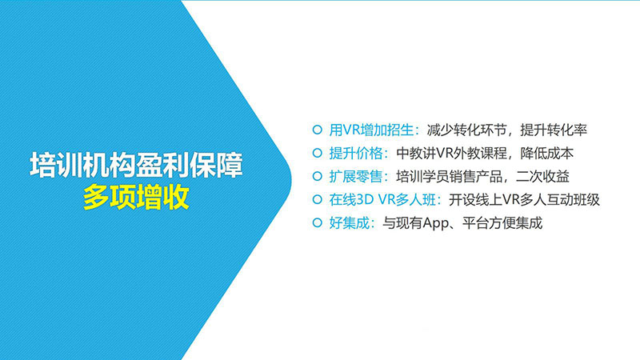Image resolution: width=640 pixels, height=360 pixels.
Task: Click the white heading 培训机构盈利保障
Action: [136, 166]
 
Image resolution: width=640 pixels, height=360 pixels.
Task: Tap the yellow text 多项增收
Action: [136, 198]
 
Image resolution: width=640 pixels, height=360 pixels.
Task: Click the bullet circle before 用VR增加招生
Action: [317, 130]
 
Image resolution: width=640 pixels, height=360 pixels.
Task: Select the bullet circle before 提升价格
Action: [317, 153]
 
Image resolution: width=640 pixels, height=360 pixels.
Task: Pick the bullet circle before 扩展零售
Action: [317, 176]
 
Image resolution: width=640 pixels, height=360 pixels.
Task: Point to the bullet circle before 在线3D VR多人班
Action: [317, 199]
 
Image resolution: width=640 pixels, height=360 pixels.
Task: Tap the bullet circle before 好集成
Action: [317, 223]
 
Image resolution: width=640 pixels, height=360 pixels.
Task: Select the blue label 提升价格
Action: [356, 153]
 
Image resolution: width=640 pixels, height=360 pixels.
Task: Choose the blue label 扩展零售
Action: [356, 176]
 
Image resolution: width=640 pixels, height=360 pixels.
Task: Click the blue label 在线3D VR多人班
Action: [383, 199]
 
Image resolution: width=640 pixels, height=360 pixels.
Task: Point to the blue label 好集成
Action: [350, 223]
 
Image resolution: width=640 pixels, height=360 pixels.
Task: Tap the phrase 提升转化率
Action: [554, 130]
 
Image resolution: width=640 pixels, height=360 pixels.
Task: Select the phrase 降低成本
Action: [547, 153]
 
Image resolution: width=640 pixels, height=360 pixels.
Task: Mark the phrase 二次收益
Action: [542, 176]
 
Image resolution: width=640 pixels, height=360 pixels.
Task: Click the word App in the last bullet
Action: [435, 223]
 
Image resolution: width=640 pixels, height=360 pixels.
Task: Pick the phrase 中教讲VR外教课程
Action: [451, 153]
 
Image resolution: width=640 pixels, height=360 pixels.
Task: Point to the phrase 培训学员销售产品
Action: [450, 176]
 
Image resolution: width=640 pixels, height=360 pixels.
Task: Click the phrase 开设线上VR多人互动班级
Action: [524, 199]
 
